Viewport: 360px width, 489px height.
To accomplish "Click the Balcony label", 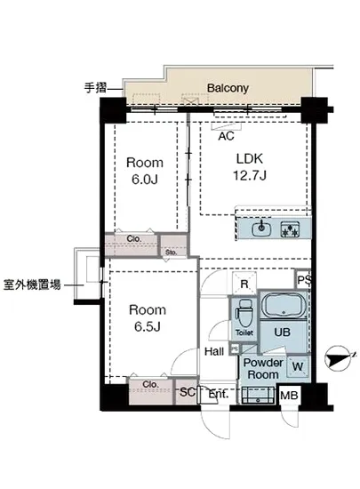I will [228, 88].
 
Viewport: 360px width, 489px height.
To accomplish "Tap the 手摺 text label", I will [95, 88].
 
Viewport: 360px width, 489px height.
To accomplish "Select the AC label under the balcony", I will [226, 136].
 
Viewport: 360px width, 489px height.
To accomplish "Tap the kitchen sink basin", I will [260, 229].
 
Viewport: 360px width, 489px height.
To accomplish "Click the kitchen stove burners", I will [291, 229].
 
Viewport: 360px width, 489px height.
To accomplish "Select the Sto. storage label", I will [172, 253].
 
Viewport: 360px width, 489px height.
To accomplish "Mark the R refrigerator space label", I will [244, 282].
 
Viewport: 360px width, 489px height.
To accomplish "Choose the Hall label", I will [214, 352].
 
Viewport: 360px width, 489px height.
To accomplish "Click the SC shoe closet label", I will [187, 391].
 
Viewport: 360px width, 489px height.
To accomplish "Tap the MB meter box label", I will [289, 395].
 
